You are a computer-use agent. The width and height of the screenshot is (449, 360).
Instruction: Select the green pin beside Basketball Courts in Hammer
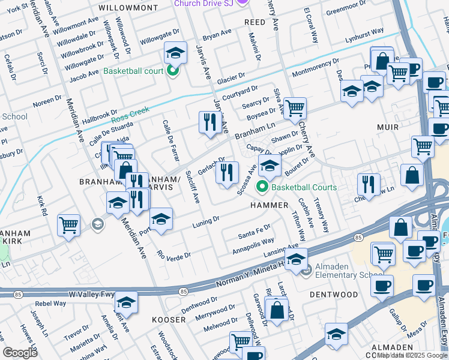[262, 188]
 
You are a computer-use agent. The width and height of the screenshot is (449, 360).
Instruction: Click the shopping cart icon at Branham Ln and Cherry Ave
[295, 109]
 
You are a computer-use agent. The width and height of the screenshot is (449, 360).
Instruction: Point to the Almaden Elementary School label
[345, 275]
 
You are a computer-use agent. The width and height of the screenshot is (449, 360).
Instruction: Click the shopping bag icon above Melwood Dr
[277, 311]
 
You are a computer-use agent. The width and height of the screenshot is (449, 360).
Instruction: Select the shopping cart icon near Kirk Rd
[69, 226]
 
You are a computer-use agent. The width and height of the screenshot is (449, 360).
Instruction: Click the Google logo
[20, 353]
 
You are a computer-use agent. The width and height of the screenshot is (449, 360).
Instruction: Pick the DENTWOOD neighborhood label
[333, 295]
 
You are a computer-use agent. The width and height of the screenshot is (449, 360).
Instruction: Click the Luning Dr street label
[205, 223]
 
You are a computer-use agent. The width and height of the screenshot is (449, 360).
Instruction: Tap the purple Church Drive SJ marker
[242, 3]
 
